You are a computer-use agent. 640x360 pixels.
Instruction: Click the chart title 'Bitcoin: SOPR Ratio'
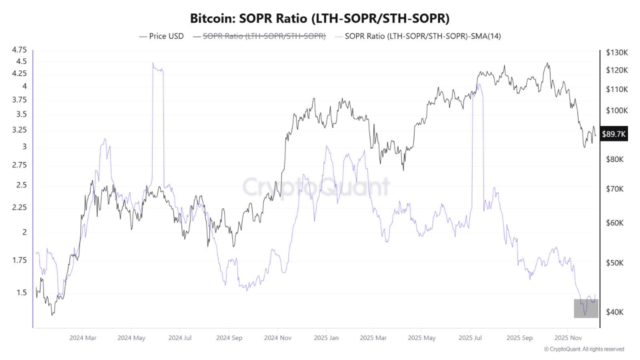(x=319, y=18)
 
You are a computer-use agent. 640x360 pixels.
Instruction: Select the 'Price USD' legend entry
(x=161, y=36)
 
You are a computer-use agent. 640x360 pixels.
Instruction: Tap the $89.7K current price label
(x=613, y=133)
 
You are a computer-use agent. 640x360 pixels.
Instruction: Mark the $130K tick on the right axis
(x=616, y=52)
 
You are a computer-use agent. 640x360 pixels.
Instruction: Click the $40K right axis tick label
(x=614, y=312)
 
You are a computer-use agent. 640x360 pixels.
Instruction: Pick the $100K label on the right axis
(x=616, y=110)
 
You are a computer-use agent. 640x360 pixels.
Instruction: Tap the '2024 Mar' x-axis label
(x=82, y=338)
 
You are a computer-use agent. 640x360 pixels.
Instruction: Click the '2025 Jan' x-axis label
(x=326, y=338)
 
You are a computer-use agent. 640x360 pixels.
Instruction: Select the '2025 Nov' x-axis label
(x=567, y=338)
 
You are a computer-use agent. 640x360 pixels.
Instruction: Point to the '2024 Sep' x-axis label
(x=229, y=338)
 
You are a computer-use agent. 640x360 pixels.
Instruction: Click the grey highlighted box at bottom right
(x=586, y=308)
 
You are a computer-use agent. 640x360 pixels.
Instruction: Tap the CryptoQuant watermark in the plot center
(x=316, y=186)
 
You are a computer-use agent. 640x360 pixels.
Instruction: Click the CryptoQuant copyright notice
(x=584, y=349)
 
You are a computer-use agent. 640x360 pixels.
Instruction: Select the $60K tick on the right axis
(x=614, y=223)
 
